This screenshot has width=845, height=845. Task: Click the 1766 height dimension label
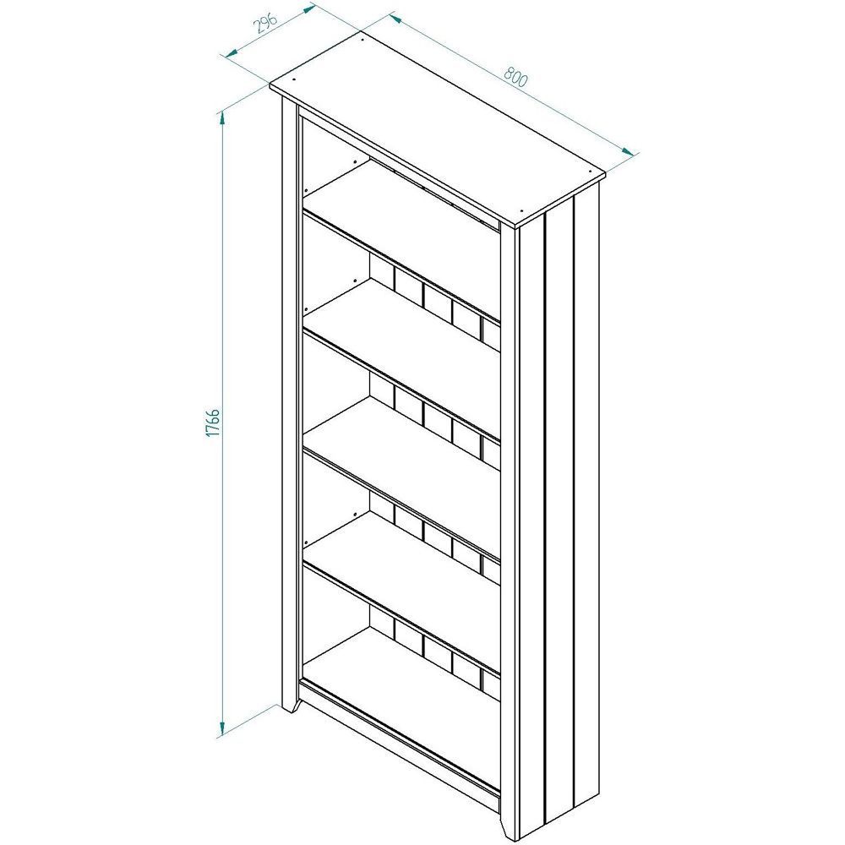pos(213,422)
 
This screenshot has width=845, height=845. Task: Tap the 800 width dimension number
pos(515,77)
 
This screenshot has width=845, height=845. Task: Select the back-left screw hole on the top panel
pos(362,38)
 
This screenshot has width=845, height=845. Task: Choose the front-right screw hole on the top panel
pos(522,211)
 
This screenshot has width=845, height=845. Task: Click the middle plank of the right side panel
pos(560,507)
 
